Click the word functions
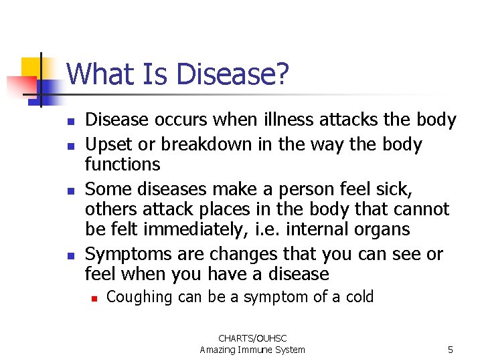pos(123,164)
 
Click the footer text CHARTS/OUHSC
pos(252,339)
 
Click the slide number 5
pos(451,350)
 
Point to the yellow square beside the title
pos(31,67)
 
